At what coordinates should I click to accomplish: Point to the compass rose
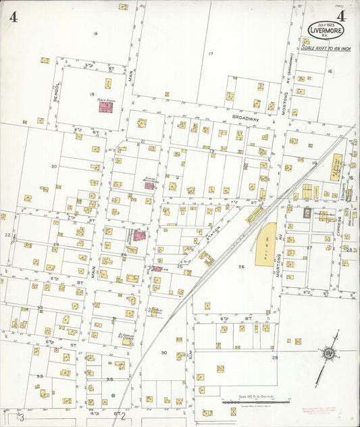click(x=328, y=354)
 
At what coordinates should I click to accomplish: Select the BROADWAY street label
click(x=246, y=118)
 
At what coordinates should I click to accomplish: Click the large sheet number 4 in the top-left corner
click(x=14, y=17)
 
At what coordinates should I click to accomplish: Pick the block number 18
click(x=95, y=33)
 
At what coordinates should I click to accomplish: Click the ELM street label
click(x=191, y=353)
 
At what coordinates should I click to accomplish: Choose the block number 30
click(x=163, y=353)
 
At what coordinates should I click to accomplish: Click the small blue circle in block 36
click(x=113, y=395)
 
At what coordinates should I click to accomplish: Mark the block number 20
click(x=53, y=166)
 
